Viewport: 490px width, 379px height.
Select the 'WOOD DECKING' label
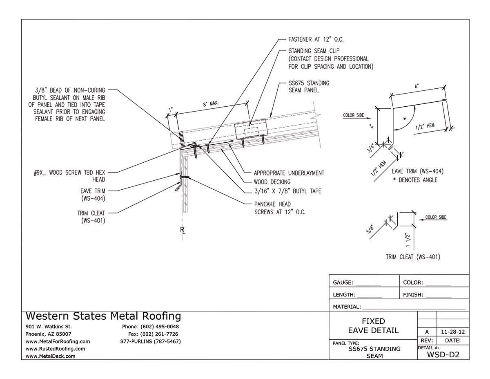(x=272, y=182)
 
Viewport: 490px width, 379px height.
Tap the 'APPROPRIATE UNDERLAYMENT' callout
(x=289, y=173)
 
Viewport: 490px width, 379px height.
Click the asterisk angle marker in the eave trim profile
(x=404, y=118)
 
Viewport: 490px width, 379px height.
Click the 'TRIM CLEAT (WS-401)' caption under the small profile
(x=412, y=257)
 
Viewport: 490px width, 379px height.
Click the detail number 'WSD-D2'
(x=443, y=354)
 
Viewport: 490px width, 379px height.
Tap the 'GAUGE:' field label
(x=344, y=283)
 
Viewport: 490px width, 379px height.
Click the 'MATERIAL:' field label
(x=347, y=307)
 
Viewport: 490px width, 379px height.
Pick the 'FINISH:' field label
(x=413, y=294)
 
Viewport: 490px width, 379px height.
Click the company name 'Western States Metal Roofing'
(x=103, y=316)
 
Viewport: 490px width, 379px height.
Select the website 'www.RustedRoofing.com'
(x=55, y=349)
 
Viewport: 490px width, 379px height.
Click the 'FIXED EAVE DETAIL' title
(x=373, y=326)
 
